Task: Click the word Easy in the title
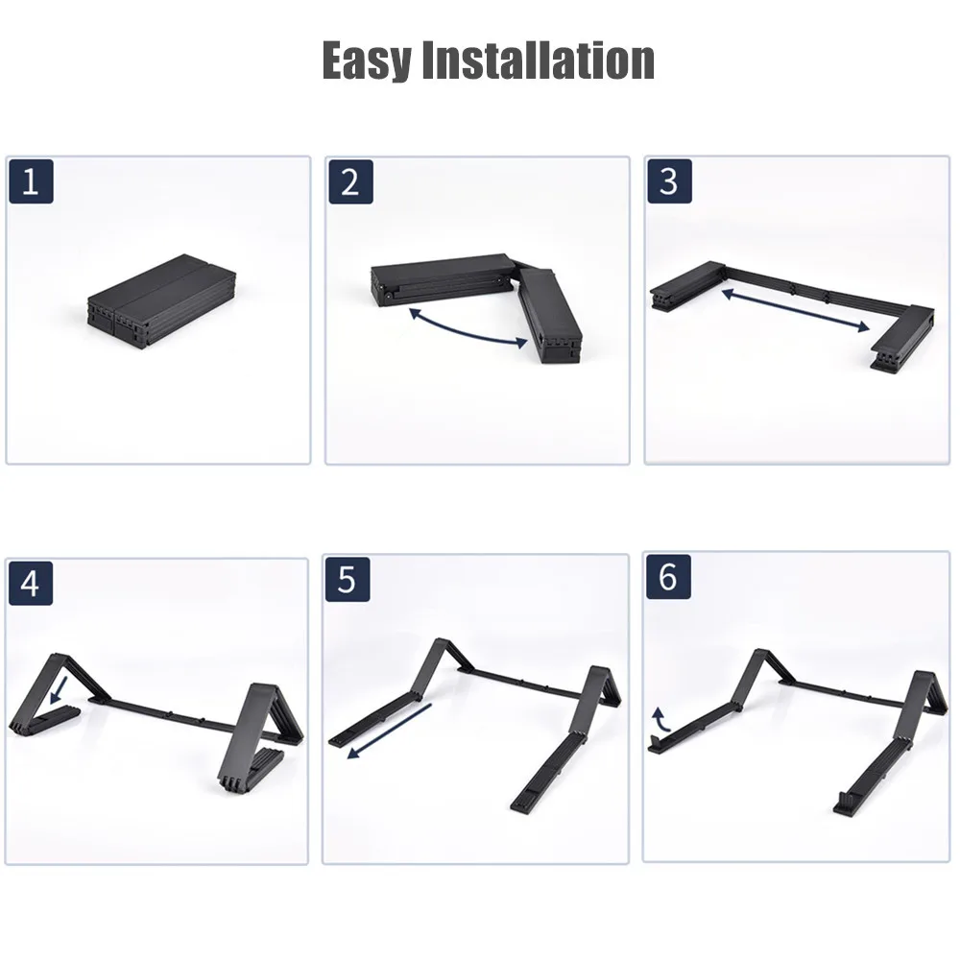pyautogui.click(x=367, y=60)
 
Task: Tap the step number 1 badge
pyautogui.click(x=32, y=181)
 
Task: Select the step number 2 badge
pyautogui.click(x=350, y=181)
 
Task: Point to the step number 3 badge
pyautogui.click(x=670, y=181)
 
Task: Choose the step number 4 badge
pyautogui.click(x=31, y=583)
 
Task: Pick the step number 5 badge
pyautogui.click(x=348, y=579)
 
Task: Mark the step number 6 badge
pyautogui.click(x=668, y=577)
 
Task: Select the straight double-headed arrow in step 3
pyautogui.click(x=796, y=310)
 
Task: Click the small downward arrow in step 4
pyautogui.click(x=59, y=690)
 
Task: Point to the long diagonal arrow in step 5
pyautogui.click(x=390, y=731)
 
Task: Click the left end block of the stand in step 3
pyautogui.click(x=687, y=285)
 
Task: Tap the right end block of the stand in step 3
pyautogui.click(x=902, y=337)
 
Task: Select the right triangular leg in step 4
pyautogui.click(x=261, y=737)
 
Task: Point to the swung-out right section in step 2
pyautogui.click(x=549, y=315)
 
